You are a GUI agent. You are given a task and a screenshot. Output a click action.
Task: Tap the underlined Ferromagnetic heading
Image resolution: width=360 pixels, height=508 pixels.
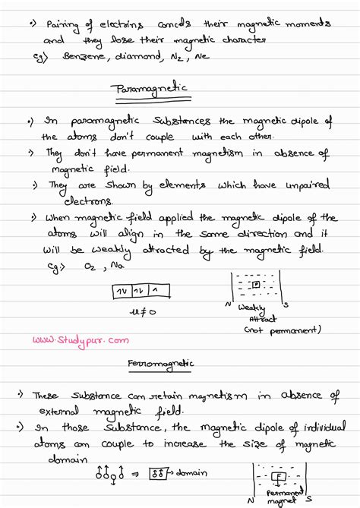[x=160, y=364]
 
